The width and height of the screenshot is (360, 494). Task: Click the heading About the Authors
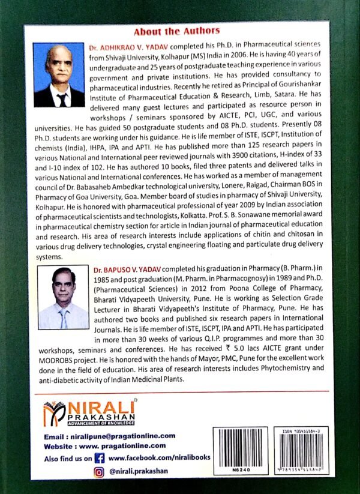click(176, 31)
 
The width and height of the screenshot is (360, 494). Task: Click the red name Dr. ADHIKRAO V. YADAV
click(128, 46)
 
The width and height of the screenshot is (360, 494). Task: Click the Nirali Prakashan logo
click(89, 414)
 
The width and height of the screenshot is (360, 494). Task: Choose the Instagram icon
click(100, 472)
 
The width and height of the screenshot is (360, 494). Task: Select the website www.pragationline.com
click(127, 446)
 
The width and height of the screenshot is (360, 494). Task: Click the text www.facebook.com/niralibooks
click(160, 457)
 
